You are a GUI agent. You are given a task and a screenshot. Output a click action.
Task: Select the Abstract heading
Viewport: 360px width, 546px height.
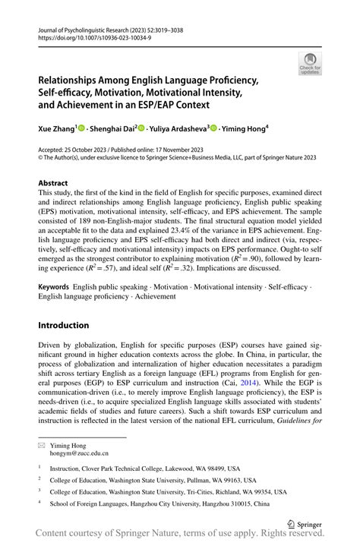[52, 183]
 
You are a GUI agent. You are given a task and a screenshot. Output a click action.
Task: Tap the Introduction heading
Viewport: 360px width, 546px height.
[63, 325]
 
